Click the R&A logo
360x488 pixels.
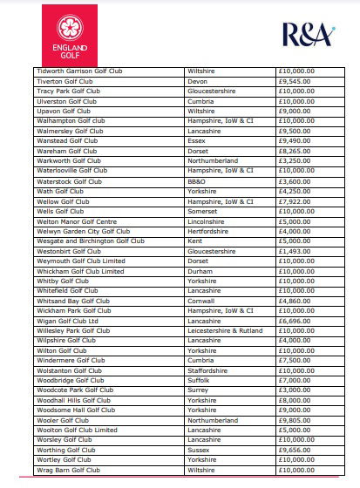point(305,35)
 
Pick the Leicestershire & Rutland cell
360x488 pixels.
point(224,330)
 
